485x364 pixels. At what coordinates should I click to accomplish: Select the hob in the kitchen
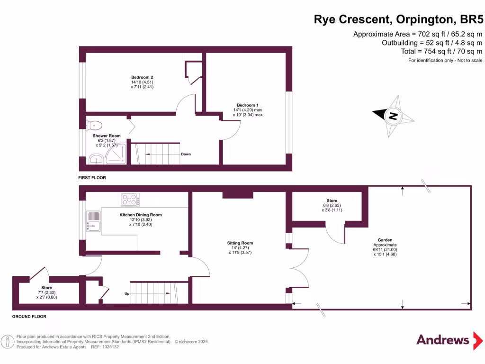tap(131, 200)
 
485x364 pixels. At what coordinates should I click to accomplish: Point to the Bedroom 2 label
tap(142, 77)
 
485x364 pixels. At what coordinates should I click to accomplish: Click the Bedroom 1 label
tap(247, 105)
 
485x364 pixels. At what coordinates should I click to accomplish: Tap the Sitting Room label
tap(240, 243)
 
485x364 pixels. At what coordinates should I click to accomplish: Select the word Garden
tap(385, 240)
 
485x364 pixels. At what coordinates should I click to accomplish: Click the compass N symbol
tap(392, 116)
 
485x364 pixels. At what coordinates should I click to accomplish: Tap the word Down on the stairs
tap(186, 154)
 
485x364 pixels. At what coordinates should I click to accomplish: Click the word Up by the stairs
tap(127, 294)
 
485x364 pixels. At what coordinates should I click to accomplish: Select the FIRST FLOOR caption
tap(92, 178)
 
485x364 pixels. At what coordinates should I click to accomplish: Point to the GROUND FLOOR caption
tap(29, 316)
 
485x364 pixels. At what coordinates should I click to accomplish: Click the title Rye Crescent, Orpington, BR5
tap(399, 19)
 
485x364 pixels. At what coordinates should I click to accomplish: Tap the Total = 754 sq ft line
tap(435, 51)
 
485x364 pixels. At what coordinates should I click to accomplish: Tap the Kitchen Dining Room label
tap(140, 215)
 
